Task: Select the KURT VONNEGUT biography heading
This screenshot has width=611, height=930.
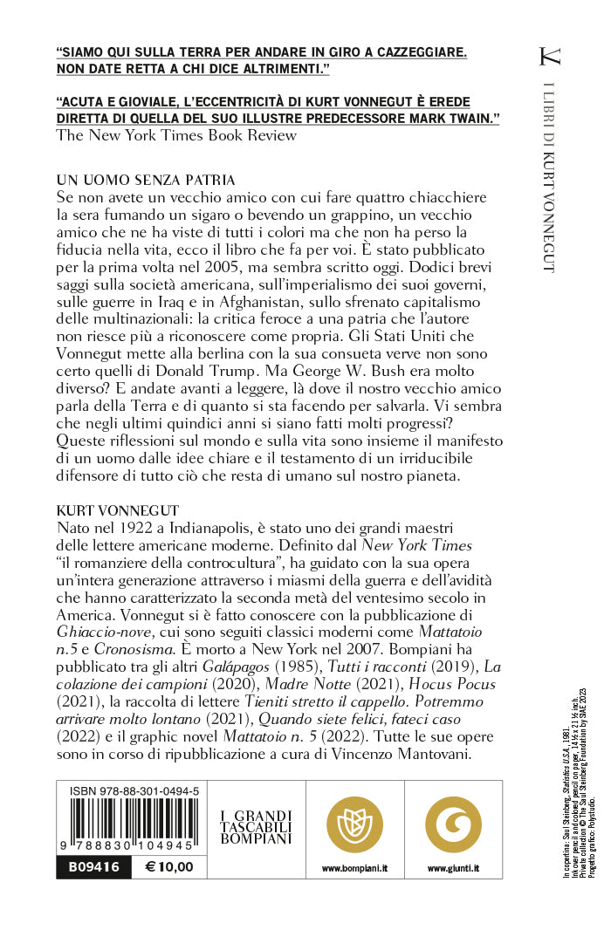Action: [x=115, y=506]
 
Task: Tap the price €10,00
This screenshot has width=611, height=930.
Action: [x=169, y=867]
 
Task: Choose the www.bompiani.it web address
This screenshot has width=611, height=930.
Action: [x=354, y=869]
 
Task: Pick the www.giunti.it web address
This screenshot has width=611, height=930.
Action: [x=453, y=869]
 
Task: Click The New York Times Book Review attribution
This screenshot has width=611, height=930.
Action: [x=176, y=135]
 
